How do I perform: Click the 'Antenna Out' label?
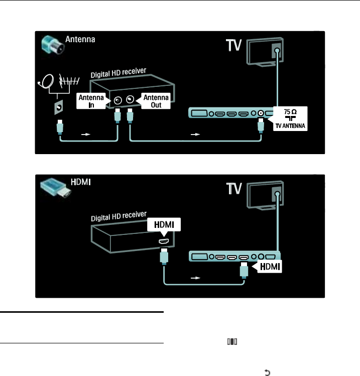point(156,101)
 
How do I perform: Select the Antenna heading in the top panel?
point(81,38)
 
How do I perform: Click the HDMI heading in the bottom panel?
point(79,182)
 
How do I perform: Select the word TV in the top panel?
point(232,48)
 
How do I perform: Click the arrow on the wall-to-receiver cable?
point(87,135)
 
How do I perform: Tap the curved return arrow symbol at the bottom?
point(267,372)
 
